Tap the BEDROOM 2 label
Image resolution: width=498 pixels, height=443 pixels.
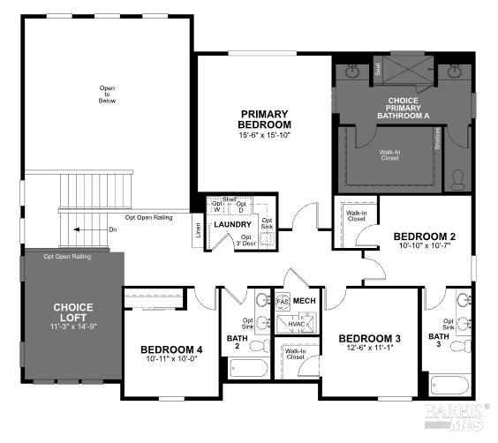(424, 237)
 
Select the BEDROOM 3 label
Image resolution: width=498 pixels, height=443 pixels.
(370, 339)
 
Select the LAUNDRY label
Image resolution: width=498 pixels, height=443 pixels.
(233, 224)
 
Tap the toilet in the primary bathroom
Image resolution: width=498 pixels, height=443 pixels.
(457, 179)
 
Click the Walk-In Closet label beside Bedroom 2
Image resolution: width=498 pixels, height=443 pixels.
(355, 216)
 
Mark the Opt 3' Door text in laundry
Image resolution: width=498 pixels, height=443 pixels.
(246, 240)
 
